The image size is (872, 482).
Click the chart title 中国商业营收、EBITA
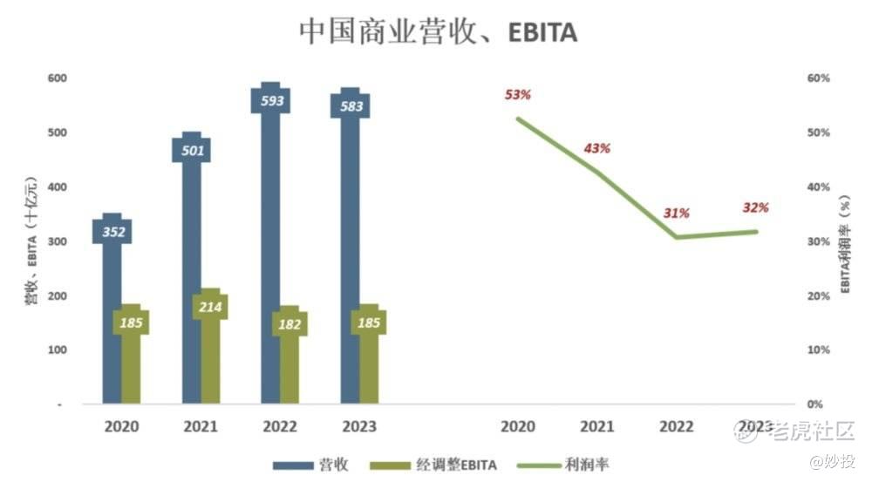point(438,32)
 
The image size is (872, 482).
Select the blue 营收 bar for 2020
point(112,331)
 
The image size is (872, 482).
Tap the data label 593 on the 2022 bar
point(271,101)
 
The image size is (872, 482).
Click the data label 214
point(209,307)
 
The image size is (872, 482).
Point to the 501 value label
point(192,150)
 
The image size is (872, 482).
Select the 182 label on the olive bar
point(290,324)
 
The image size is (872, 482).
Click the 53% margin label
point(517,94)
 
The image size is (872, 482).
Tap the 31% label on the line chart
point(676,213)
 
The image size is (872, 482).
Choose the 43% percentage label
point(596,148)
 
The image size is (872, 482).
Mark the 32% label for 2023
point(755,207)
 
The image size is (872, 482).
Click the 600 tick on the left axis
point(57,78)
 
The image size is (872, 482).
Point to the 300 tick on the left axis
point(57,241)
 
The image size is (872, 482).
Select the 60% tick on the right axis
point(818,78)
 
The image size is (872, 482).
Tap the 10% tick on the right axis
point(818,350)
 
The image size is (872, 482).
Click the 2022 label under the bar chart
point(280,426)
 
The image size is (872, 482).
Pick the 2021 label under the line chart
point(596,426)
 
